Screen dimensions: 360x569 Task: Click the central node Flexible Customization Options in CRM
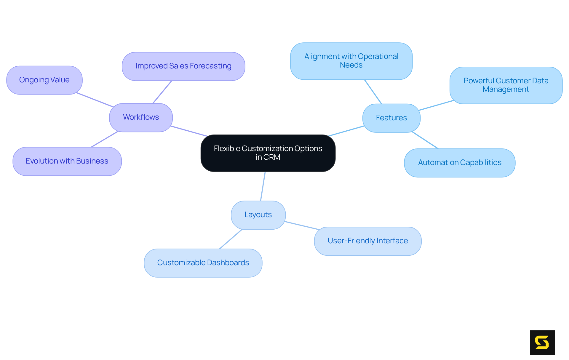(x=268, y=153)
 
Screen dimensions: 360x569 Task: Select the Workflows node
(x=141, y=117)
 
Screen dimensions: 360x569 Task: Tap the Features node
(x=391, y=118)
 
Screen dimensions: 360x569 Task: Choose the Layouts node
(x=258, y=215)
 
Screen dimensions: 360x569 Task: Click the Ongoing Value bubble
(x=44, y=80)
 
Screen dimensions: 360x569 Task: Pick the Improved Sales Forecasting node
(x=183, y=66)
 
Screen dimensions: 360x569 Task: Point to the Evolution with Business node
(x=67, y=161)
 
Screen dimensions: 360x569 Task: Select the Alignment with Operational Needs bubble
(x=351, y=61)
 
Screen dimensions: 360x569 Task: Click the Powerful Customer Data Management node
(x=506, y=85)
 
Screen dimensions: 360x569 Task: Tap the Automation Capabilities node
(x=460, y=163)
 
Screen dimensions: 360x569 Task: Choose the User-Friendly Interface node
(x=367, y=241)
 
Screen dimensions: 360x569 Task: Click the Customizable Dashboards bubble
(x=203, y=263)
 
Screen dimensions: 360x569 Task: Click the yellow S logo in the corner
(x=542, y=343)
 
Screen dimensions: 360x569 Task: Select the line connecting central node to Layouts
(x=263, y=186)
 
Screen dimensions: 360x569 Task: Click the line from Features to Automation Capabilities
(x=425, y=140)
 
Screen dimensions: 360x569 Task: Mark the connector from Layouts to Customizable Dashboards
(x=231, y=239)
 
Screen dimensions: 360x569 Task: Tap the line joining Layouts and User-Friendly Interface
(x=302, y=225)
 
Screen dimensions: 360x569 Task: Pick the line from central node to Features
(x=346, y=131)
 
